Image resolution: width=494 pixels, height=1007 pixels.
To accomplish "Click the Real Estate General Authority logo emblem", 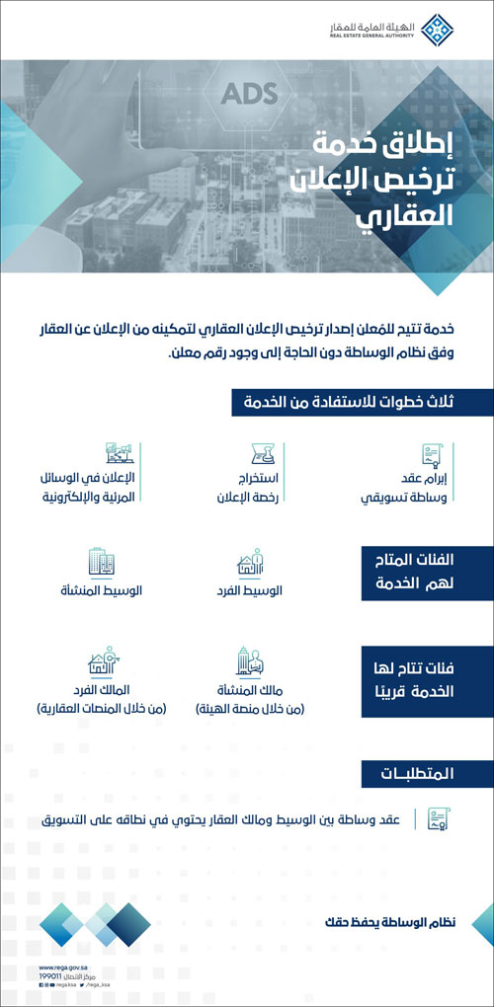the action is (440, 31).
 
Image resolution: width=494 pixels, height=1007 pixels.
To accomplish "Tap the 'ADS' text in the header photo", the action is (249, 95).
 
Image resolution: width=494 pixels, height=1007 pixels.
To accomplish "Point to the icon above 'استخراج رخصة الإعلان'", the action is (263, 457).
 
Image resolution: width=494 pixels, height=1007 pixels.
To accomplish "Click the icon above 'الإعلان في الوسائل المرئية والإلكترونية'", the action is (120, 455).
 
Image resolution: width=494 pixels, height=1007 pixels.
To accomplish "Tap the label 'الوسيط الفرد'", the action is (248, 591).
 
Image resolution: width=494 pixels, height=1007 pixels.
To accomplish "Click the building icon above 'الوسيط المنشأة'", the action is (102, 563).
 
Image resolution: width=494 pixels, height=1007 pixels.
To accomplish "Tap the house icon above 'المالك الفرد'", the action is (102, 660).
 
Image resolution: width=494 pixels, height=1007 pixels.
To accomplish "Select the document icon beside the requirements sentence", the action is (436, 819).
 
